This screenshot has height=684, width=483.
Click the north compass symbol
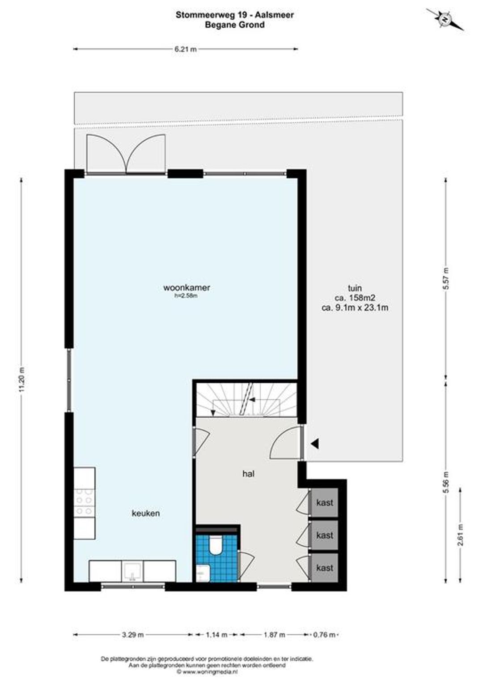pos(445,20)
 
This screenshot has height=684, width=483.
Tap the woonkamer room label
pos(187,287)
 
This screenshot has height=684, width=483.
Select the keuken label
pos(145,513)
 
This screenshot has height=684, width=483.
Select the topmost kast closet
pos(324,503)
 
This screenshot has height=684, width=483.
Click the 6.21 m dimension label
pos(186,49)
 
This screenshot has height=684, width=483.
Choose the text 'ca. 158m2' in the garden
pos(355,298)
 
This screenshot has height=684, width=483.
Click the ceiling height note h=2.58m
pos(186,295)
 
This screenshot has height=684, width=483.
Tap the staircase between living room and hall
pos(246,400)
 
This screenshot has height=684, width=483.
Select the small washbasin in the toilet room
pos(203,573)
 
